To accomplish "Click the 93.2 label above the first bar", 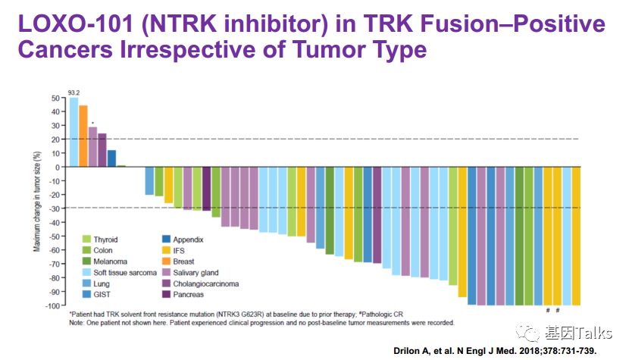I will (x=74, y=92).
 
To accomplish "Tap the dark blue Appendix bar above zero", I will (x=111, y=158).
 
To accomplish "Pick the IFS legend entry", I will (x=179, y=251).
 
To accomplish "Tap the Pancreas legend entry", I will (x=188, y=295).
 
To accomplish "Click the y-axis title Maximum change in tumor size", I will (x=36, y=202).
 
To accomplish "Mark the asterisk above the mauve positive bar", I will (x=92, y=123).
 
